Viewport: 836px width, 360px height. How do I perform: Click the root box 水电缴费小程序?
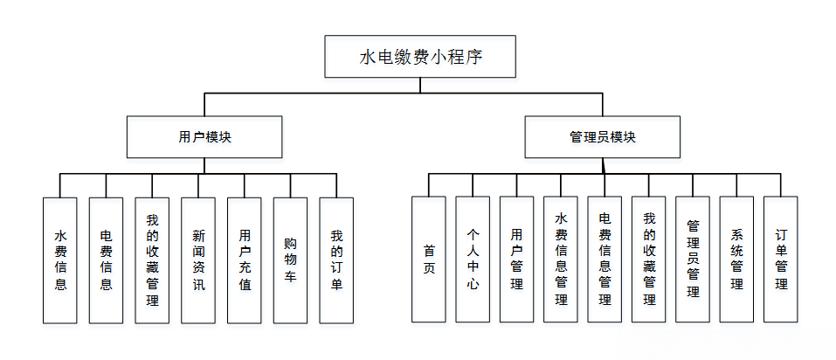[420, 58]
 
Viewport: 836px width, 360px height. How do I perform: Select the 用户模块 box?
[204, 137]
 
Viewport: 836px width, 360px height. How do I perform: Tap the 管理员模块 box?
[602, 137]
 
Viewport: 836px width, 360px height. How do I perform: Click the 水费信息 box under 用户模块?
[60, 260]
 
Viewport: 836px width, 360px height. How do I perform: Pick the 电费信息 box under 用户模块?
[106, 260]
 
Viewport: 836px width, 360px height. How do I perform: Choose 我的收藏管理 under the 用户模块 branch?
[152, 260]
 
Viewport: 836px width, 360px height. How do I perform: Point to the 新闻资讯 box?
[198, 260]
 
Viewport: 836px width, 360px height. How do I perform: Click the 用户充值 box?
[245, 260]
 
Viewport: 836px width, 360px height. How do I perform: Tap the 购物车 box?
[291, 260]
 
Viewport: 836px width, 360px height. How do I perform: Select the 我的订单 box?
[336, 260]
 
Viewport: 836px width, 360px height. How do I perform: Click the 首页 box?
[429, 260]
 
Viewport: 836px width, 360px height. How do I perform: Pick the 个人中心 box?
[473, 260]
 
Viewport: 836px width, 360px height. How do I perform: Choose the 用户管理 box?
[517, 260]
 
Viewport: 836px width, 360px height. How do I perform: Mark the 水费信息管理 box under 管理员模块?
[561, 260]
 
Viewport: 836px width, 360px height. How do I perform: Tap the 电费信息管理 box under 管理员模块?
[605, 260]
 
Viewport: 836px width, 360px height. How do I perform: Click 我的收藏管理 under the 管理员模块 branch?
[649, 260]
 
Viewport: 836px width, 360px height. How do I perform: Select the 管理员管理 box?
[693, 260]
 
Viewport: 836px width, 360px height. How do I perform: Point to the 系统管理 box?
[736, 260]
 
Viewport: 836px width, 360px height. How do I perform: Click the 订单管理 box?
[781, 260]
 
